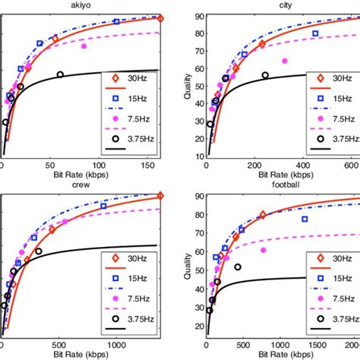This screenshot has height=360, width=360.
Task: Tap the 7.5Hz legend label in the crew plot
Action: coord(142,299)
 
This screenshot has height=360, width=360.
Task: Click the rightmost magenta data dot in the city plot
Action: coord(284,61)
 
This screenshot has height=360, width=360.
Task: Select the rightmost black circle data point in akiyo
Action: coord(61,74)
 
